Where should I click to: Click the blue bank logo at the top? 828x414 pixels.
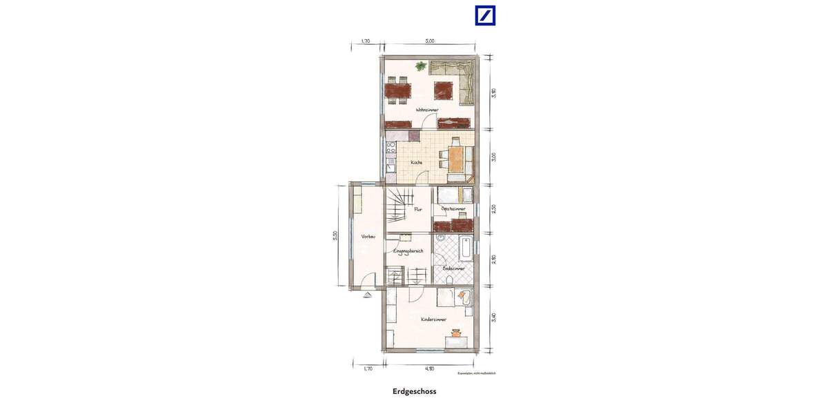(x=485, y=15)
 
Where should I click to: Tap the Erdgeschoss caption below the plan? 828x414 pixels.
(x=414, y=391)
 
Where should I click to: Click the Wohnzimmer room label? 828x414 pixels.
(x=427, y=110)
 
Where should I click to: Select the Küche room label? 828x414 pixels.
(x=417, y=162)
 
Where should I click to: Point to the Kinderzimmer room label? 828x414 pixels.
(x=433, y=319)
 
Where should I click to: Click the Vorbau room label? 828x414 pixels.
(x=368, y=237)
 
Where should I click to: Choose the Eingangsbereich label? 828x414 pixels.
(x=408, y=250)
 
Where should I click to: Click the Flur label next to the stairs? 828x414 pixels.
(x=417, y=209)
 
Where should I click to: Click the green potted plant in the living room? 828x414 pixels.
(x=420, y=66)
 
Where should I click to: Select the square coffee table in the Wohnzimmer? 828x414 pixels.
(x=442, y=90)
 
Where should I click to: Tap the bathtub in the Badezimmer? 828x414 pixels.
(x=466, y=248)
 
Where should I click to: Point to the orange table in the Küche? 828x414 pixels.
(x=455, y=157)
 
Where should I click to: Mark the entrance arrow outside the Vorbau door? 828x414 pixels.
(x=366, y=293)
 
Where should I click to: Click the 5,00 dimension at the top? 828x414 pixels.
(x=429, y=41)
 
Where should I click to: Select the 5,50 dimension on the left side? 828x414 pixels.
(x=335, y=235)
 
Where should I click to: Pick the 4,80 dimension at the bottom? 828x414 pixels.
(x=429, y=368)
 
